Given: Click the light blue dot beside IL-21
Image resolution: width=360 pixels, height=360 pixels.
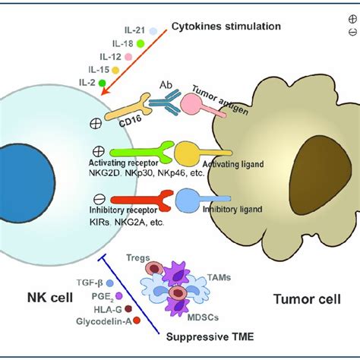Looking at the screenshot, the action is [153, 31].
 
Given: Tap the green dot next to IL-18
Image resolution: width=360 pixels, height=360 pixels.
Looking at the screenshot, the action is [141, 44].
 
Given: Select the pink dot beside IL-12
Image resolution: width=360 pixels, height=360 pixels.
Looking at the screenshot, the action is [128, 57].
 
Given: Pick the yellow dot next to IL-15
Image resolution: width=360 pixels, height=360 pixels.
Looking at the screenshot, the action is [115, 70].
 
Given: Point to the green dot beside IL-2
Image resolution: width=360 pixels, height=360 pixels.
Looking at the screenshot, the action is [102, 83].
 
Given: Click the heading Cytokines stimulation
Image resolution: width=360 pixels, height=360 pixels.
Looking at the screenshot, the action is [226, 27].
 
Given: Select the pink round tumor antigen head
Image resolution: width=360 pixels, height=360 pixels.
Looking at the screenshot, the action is [190, 103].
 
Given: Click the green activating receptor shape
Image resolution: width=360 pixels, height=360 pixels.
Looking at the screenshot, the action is [142, 152].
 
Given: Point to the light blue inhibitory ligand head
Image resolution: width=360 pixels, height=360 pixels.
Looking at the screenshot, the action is [188, 200].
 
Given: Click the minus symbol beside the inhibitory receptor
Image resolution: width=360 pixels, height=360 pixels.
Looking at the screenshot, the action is [99, 199].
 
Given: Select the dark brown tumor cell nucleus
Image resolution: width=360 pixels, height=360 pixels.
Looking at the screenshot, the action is [321, 175].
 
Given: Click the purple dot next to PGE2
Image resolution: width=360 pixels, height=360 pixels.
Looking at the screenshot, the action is [118, 295].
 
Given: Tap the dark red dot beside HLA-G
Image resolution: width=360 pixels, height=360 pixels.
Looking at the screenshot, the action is [128, 308].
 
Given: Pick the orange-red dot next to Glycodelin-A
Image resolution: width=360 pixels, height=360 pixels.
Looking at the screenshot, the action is [137, 321].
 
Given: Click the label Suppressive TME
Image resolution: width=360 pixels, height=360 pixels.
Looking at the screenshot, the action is [210, 336].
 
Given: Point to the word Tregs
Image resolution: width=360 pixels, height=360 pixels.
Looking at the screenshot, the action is [138, 258].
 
